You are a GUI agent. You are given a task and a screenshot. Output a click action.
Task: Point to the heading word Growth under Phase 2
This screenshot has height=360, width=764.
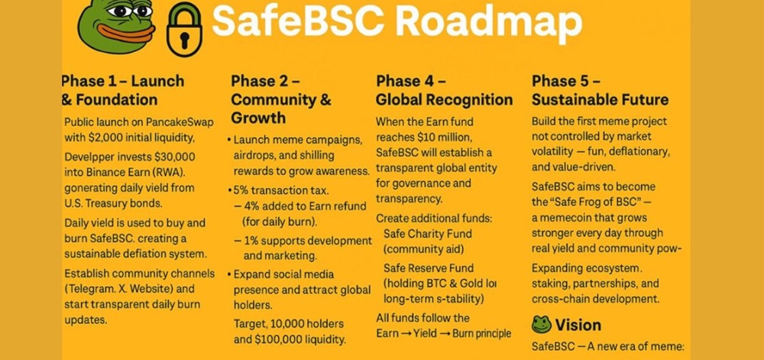pos(258,118)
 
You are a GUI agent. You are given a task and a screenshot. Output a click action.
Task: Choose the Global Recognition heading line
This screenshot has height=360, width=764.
pos(444,99)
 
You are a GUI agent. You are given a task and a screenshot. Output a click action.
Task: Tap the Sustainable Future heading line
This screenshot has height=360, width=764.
pos(600,99)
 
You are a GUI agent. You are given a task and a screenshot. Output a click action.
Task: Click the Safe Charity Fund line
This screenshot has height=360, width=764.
pos(427,234)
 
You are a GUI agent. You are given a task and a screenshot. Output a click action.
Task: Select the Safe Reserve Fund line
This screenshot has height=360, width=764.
pos(429,268)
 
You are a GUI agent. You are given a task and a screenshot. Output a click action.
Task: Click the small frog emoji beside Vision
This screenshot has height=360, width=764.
pos(542,325)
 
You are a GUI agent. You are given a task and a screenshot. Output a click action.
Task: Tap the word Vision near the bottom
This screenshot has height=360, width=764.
pos(578,325)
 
